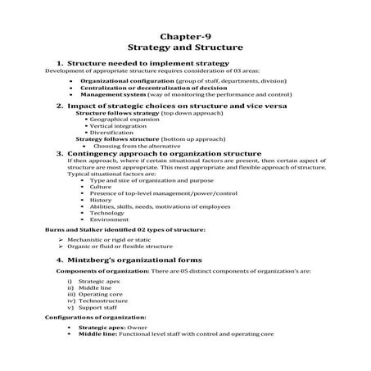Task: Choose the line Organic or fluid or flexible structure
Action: point(123,246)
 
